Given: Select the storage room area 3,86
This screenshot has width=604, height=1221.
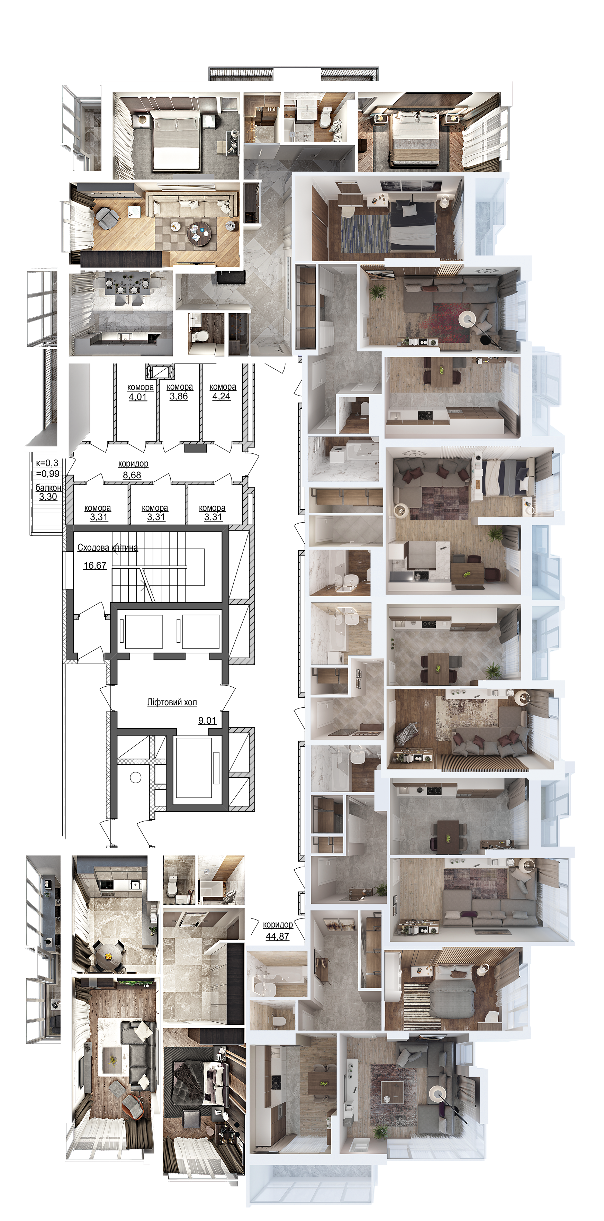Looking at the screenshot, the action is [x=179, y=396].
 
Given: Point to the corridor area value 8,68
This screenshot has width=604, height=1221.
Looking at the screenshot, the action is [x=132, y=474].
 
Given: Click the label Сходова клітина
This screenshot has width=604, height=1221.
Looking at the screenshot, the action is [x=108, y=548].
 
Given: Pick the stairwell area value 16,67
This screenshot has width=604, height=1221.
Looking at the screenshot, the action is [x=95, y=565].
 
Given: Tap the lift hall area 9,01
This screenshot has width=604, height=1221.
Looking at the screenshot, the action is [x=207, y=721].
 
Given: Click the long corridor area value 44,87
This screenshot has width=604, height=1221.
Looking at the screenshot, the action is [x=277, y=936].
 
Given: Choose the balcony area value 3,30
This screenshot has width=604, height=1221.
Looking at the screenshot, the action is [x=48, y=496].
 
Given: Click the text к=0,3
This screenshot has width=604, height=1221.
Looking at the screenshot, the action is [x=47, y=463].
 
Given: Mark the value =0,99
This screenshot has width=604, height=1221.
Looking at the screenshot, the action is [x=48, y=473].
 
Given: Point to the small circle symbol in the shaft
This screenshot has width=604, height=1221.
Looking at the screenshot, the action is [x=136, y=777].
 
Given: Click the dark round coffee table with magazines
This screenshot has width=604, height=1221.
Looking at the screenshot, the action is [x=198, y=233].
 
